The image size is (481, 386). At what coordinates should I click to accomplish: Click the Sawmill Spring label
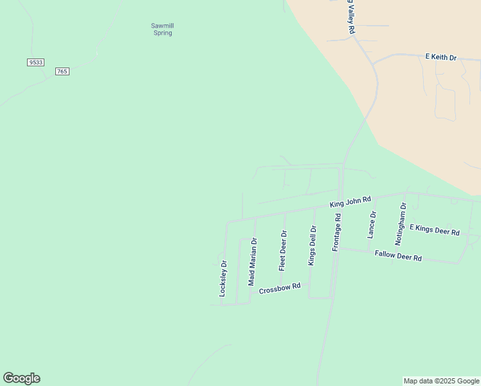162,29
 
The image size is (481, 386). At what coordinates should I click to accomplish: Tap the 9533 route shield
35,62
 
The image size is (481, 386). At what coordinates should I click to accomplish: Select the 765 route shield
62,71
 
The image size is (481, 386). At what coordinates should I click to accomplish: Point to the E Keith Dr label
440,58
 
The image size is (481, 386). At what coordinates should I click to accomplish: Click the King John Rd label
350,202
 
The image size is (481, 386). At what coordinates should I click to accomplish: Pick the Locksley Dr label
223,278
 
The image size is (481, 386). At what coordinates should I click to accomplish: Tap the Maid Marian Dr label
252,262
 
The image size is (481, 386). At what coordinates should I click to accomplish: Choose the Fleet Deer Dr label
282,250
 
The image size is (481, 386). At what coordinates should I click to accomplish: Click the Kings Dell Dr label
312,245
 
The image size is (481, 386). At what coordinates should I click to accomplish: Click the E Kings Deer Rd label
435,230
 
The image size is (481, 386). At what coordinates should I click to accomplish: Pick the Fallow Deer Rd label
398,255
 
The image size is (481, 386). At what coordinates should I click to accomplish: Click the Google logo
21,378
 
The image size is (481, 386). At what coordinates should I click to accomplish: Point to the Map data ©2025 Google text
441,381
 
